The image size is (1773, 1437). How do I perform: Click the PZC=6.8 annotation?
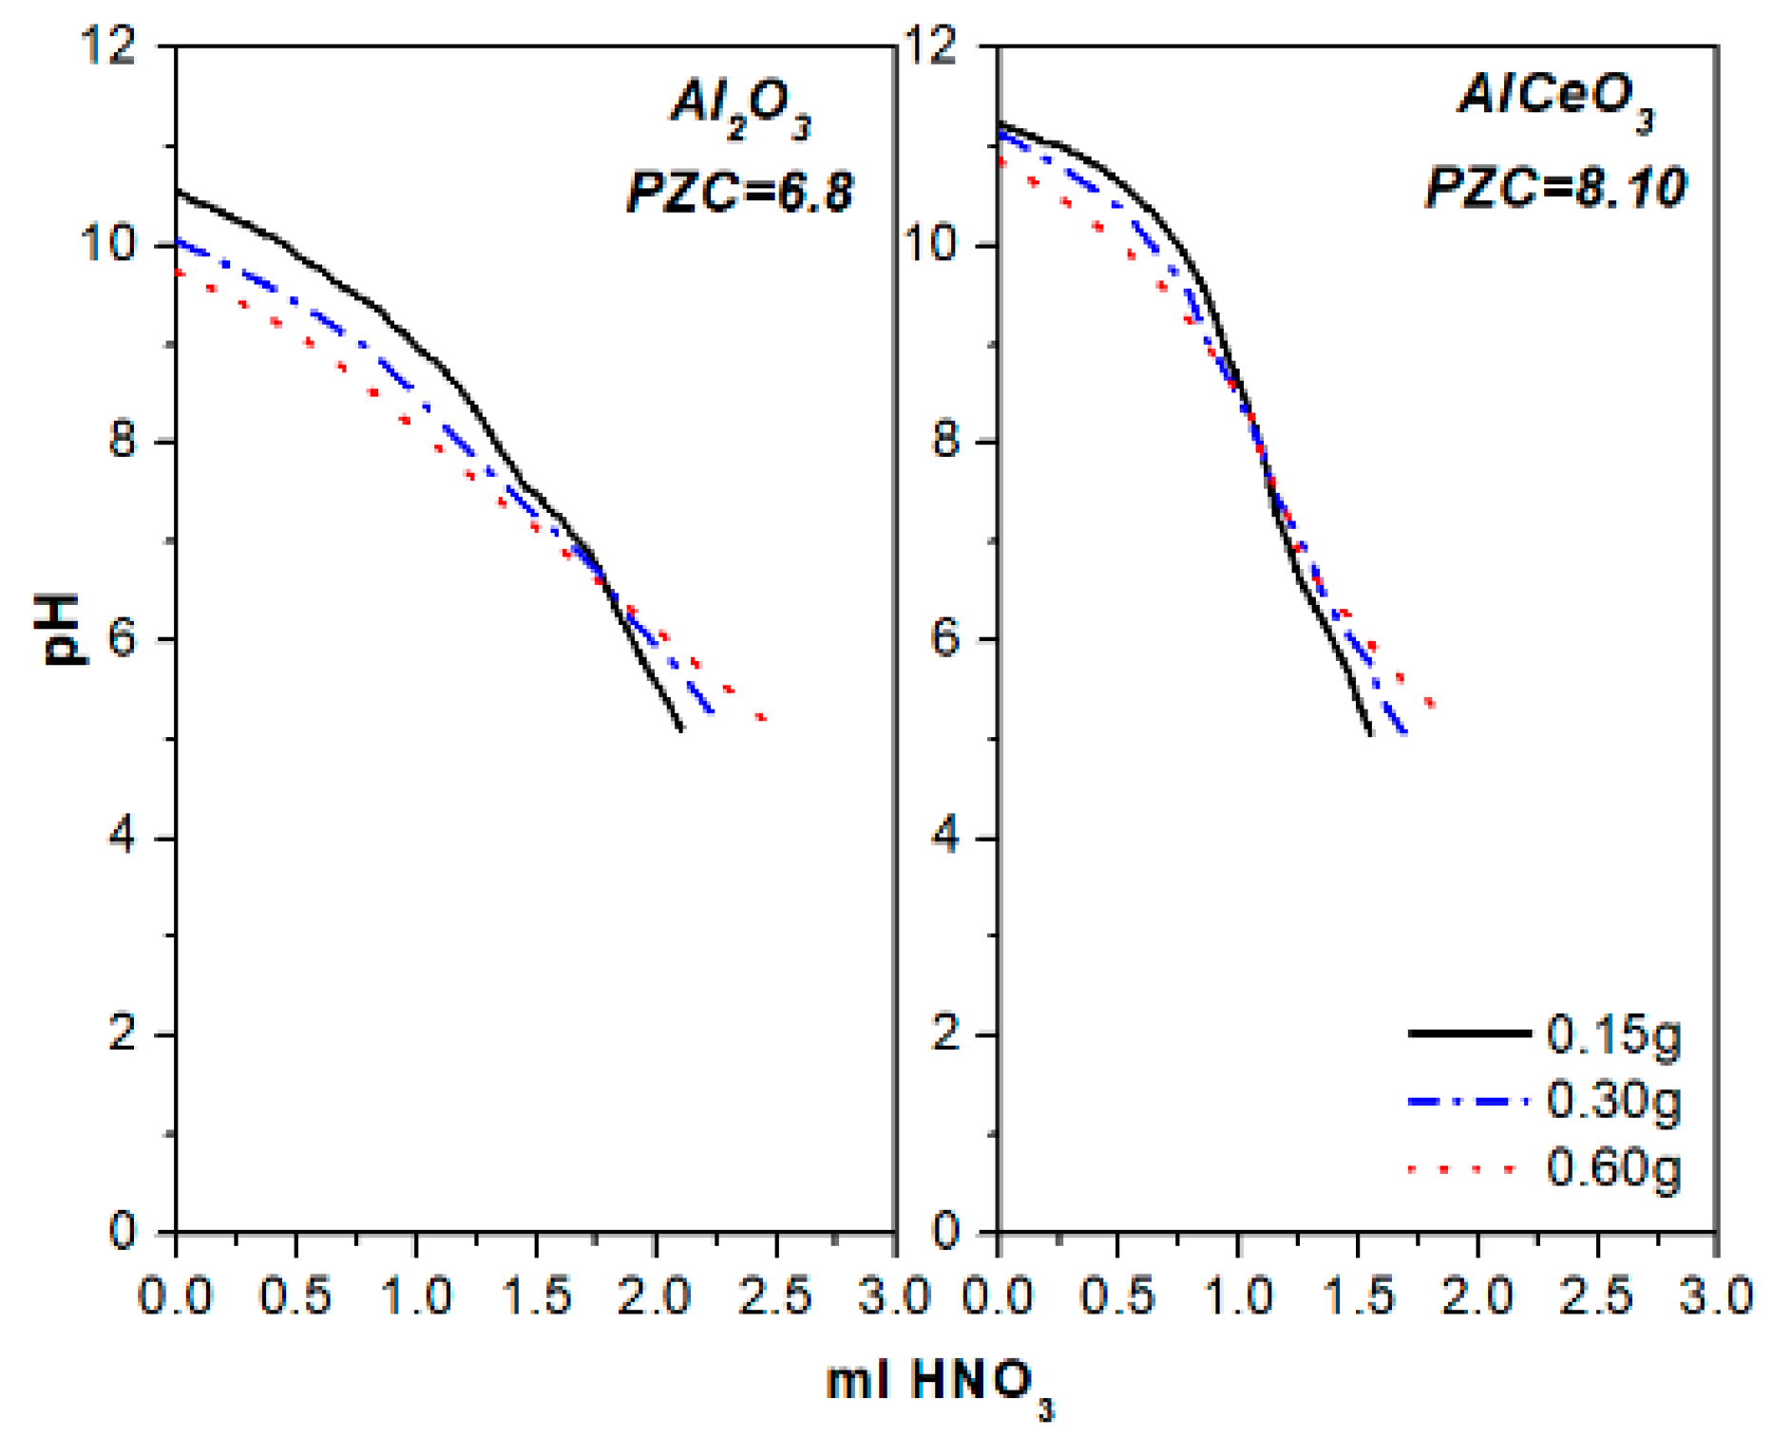pos(740,190)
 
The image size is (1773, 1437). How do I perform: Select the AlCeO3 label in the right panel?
pos(1556,101)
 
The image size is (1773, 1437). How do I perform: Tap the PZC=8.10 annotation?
pos(1556,186)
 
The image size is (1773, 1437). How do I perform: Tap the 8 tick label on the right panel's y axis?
pos(944,441)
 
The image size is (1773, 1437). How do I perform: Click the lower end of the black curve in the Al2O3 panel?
pos(680,728)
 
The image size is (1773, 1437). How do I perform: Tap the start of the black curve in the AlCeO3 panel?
pos(1000,123)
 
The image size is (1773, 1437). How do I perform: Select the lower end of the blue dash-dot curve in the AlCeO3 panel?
pos(1404,732)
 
